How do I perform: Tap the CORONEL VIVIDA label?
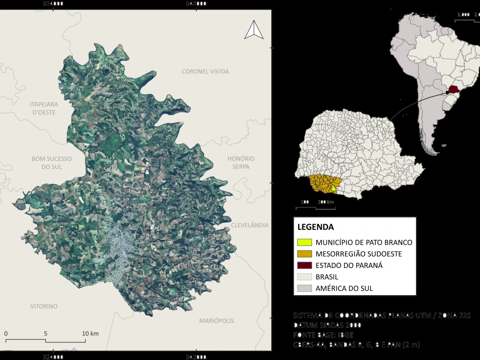point(205,72)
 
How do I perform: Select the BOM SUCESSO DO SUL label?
point(51,162)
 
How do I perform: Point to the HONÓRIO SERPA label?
point(241,162)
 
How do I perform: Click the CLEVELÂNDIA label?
point(250,225)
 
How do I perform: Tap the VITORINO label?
point(44,306)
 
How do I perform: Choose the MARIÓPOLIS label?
point(216,320)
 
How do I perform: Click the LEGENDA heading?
point(315,227)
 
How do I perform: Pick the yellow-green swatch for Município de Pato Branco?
point(304,242)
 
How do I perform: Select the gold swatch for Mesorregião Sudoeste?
point(304,254)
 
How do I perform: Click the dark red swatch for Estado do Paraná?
point(304,265)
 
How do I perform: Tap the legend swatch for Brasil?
point(304,277)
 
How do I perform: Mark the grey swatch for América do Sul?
point(304,288)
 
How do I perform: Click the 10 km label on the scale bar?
point(90,334)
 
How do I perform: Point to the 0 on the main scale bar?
point(6,334)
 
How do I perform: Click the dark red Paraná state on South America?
point(454,89)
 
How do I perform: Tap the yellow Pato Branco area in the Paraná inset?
point(333,188)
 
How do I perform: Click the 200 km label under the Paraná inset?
point(325,202)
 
